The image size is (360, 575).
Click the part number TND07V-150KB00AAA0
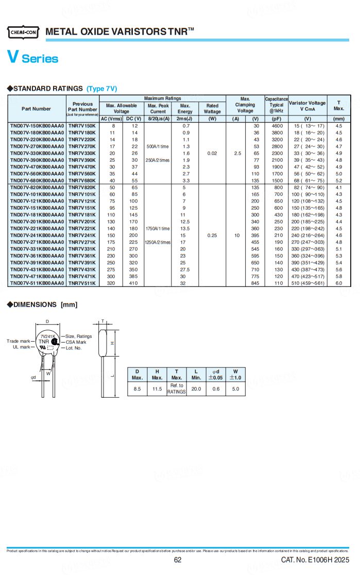tap(37, 126)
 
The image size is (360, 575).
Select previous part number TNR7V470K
tap(82, 167)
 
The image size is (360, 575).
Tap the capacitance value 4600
tap(277, 126)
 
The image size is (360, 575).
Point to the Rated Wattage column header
tap(212, 109)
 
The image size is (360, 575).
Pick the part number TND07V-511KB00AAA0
tap(37, 283)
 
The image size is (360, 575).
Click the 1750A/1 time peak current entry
tap(158, 228)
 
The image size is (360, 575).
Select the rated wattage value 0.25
tap(212, 235)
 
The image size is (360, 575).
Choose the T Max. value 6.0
tap(339, 283)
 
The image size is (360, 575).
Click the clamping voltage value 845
tap(255, 283)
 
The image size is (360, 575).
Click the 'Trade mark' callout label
tap(19, 341)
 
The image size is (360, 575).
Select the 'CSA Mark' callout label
tap(76, 342)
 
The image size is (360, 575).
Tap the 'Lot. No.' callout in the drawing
tap(74, 348)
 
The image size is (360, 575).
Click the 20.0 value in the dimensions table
tap(196, 389)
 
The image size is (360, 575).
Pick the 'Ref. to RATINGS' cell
tap(177, 389)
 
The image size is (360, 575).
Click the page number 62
tap(178, 560)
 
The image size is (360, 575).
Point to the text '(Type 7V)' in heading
tap(101, 89)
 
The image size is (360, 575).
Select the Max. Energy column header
tap(185, 109)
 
